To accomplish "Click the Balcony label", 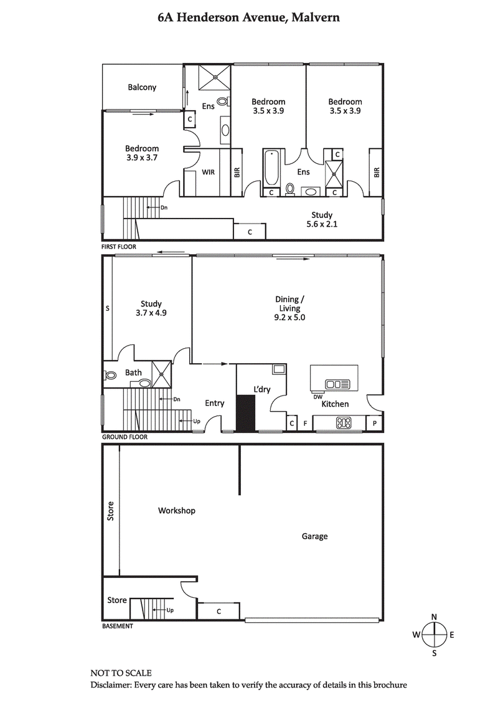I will [142, 87].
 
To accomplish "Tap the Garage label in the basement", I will [314, 536].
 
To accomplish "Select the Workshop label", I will [177, 511].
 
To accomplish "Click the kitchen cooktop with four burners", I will [343, 423].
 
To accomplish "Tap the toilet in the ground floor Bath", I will [111, 376].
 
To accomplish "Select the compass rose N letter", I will [434, 617].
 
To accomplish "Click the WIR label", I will [208, 173].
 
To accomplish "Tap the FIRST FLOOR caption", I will [119, 247].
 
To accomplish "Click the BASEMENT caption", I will [118, 626].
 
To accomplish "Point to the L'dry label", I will [261, 389].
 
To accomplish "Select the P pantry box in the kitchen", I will [375, 423].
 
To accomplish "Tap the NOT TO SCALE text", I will [121, 673].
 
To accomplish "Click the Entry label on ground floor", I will [215, 403].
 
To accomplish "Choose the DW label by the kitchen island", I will [317, 396].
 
